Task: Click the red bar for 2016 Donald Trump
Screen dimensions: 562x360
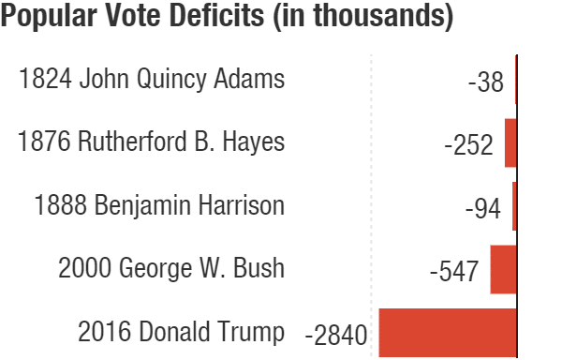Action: pyautogui.click(x=448, y=333)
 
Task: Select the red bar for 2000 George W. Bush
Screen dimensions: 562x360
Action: pyautogui.click(x=503, y=269)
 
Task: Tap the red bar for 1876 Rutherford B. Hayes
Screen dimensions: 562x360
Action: pyautogui.click(x=510, y=143)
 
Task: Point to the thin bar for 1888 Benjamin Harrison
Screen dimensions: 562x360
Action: pyautogui.click(x=514, y=206)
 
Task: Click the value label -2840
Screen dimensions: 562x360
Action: pyautogui.click(x=336, y=335)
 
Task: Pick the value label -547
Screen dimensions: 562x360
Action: pyautogui.click(x=454, y=272)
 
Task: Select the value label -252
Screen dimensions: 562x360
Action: pyautogui.click(x=468, y=145)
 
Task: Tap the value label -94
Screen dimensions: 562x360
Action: pyautogui.click(x=482, y=208)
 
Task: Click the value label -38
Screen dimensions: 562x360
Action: pyautogui.click(x=485, y=82)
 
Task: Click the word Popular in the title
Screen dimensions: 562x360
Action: pyautogui.click(x=49, y=16)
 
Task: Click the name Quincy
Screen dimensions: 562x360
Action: pyautogui.click(x=171, y=80)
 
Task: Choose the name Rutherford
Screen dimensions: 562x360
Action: pyautogui.click(x=132, y=141)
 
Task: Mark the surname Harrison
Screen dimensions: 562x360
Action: pyautogui.click(x=242, y=204)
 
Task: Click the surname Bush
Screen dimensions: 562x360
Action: pyautogui.click(x=259, y=267)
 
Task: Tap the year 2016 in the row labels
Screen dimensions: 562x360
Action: pyautogui.click(x=104, y=331)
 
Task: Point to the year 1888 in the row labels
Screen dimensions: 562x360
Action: pyautogui.click(x=61, y=204)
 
